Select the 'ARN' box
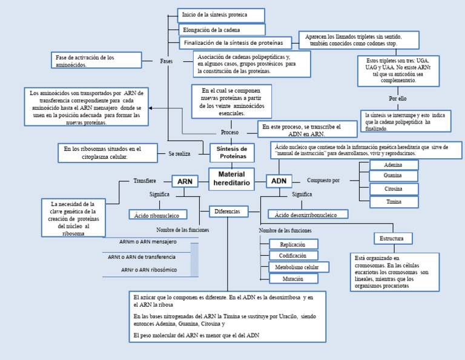(x=185, y=181)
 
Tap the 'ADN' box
(x=279, y=181)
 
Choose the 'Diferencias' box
(x=228, y=212)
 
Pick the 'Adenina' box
(x=394, y=165)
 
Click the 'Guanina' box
(x=394, y=176)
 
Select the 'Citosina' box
(x=394, y=189)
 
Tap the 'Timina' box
(x=394, y=202)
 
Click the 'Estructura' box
(x=392, y=238)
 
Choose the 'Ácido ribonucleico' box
(x=158, y=215)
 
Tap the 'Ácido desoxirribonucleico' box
(x=308, y=215)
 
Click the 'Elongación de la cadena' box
(x=222, y=30)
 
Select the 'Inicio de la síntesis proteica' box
(x=222, y=15)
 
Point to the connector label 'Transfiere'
(x=145, y=181)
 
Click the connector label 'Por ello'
(x=398, y=98)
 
